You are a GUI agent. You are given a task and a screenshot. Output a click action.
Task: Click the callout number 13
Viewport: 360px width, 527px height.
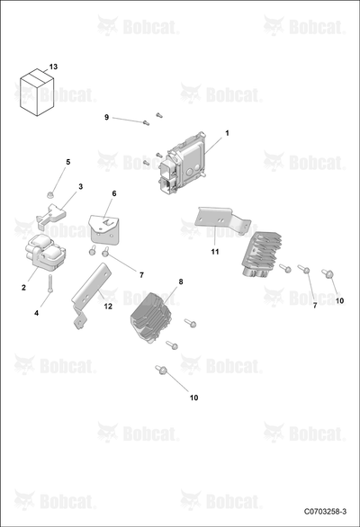click(x=53, y=67)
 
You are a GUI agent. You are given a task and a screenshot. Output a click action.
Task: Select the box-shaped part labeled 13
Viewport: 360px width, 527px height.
click(x=37, y=93)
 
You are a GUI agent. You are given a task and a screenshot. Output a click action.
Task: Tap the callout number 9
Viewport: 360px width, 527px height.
click(x=107, y=117)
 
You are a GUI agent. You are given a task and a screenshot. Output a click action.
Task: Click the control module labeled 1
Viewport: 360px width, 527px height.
click(x=182, y=163)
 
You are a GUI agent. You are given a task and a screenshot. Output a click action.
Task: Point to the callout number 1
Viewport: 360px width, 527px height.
click(x=227, y=133)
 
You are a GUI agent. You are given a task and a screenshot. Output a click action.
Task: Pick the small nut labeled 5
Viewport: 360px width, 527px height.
click(x=49, y=194)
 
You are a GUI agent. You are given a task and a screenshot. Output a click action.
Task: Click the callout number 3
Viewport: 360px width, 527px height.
click(x=80, y=186)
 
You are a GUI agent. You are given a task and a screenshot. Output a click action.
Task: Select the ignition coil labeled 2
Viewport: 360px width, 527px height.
click(x=45, y=253)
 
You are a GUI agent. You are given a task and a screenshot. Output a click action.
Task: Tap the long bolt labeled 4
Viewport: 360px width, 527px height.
click(x=50, y=283)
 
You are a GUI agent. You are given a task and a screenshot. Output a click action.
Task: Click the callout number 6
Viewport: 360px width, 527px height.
click(x=114, y=193)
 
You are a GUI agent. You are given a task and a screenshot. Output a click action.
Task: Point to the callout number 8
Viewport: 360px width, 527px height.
click(x=181, y=281)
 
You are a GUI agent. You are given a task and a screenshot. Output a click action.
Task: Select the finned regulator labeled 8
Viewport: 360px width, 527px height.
click(x=151, y=317)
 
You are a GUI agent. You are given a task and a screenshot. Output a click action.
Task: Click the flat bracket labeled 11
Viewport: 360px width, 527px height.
click(x=222, y=219)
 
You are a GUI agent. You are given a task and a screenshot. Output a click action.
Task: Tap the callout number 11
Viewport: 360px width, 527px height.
click(x=215, y=252)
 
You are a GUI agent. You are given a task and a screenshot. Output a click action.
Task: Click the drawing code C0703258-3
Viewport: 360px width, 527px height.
click(x=325, y=512)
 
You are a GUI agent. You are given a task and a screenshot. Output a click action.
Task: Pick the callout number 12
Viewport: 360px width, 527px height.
click(x=108, y=306)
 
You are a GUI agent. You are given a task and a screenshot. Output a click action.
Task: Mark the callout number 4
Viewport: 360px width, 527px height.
click(x=36, y=313)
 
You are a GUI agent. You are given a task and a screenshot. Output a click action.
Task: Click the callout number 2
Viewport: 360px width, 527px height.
click(x=23, y=288)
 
